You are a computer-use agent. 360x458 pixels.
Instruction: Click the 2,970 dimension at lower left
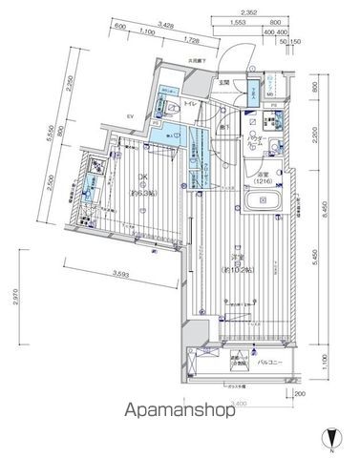coord(16,304)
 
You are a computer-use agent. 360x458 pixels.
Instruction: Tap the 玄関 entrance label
coord(223,83)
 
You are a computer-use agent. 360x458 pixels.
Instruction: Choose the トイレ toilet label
coord(190,102)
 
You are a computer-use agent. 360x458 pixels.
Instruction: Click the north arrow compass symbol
coord(330,436)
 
